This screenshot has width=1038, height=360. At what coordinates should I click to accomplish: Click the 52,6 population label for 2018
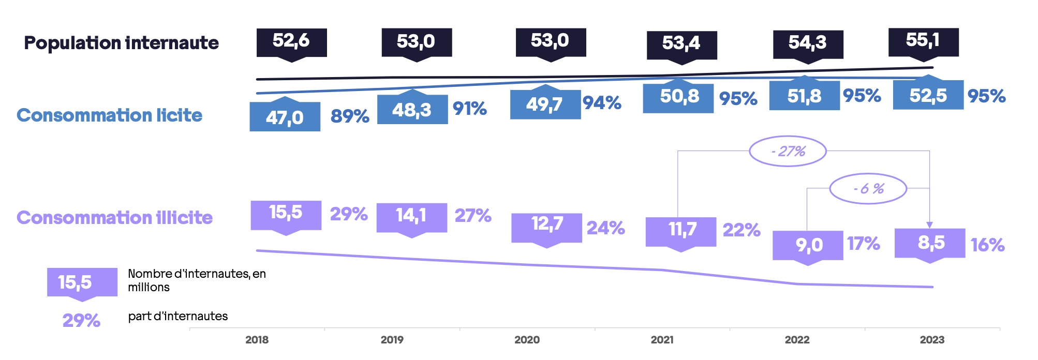pos(291,42)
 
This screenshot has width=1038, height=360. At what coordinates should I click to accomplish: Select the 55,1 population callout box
pos(923,41)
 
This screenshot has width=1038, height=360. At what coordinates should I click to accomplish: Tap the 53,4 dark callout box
pos(681,44)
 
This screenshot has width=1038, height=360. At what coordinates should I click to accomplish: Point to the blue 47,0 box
pos(285,117)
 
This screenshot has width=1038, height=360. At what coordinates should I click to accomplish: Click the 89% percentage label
pos(350,116)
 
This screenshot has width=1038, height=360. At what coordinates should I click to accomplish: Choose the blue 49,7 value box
pos(545,104)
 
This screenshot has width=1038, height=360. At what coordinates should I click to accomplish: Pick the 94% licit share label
pos(602,103)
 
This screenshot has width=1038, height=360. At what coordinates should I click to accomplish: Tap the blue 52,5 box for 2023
pos(928,95)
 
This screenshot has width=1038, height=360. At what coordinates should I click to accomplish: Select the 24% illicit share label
pos(605,228)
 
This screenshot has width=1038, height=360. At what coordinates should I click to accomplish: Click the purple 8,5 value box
pos(930,243)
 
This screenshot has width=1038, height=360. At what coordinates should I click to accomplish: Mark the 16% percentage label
pos(987,245)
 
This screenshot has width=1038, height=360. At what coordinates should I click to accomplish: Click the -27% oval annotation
pos(788,151)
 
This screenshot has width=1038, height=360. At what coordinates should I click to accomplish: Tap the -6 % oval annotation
pos(868,189)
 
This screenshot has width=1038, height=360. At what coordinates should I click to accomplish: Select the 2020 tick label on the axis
pos(527,340)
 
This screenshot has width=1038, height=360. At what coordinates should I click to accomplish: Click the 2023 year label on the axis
pos(932,340)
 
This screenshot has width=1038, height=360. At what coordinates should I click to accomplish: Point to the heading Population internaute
pos(121,43)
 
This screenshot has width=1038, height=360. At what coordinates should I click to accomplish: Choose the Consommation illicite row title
pos(114,218)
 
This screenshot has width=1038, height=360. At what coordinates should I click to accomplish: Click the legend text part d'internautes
pos(177,316)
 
